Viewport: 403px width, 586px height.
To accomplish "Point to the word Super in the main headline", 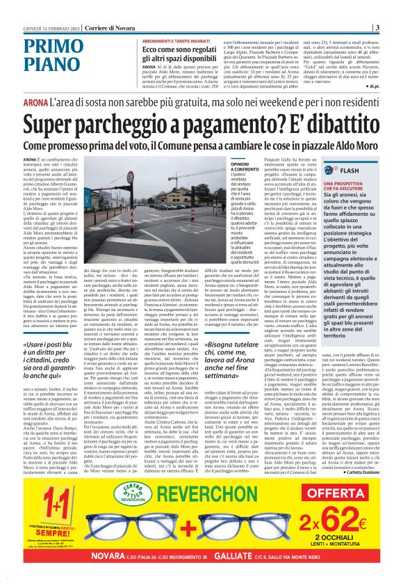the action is click(59, 122).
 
